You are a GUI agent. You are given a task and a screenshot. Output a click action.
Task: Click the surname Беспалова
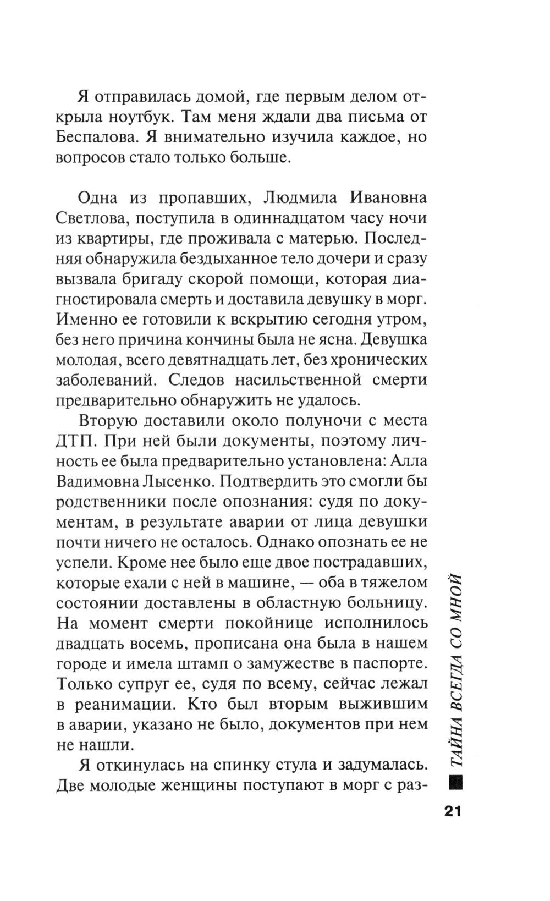(98, 138)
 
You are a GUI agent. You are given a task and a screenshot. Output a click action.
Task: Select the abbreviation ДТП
(75, 442)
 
